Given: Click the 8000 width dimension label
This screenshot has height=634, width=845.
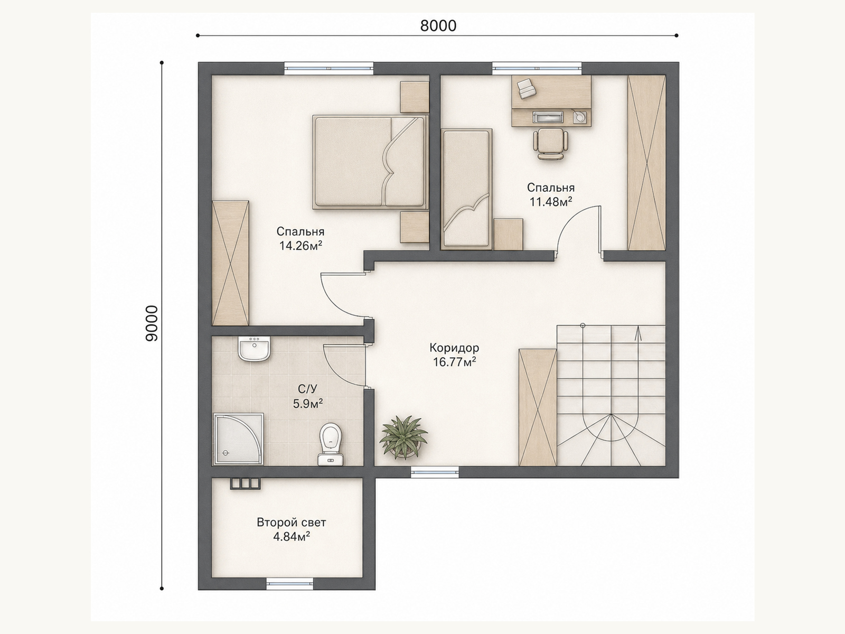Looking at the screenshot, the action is click(x=438, y=26).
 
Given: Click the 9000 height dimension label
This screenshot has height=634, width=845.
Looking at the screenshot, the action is click(x=152, y=323).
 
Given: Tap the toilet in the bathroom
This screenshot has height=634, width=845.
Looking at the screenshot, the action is click(x=331, y=444).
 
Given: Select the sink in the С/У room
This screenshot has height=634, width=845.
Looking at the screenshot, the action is click(x=254, y=349).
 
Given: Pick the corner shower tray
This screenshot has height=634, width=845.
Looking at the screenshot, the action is click(x=239, y=439).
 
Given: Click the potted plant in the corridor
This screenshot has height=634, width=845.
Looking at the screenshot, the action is click(x=403, y=437).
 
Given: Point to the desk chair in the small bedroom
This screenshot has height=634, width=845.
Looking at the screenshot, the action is click(x=550, y=144).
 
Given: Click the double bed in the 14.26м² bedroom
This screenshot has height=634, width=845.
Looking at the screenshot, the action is click(x=370, y=162).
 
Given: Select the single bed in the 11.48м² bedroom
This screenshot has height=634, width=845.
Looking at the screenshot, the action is click(x=466, y=189).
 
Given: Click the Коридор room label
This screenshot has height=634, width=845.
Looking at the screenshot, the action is click(x=454, y=348).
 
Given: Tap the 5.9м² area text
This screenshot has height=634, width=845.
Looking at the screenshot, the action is click(x=307, y=404).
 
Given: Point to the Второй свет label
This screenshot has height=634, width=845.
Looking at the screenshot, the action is click(x=292, y=523).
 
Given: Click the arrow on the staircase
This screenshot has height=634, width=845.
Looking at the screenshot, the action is click(x=637, y=333).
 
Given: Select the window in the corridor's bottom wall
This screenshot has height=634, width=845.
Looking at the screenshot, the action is click(x=435, y=472).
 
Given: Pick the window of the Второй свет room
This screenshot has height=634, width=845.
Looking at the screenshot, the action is click(x=290, y=595).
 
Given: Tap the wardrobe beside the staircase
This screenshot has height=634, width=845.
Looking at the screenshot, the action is click(x=538, y=408).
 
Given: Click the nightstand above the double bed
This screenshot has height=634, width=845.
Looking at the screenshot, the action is click(x=415, y=97).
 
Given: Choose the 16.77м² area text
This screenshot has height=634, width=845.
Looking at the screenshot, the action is click(x=454, y=362).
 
